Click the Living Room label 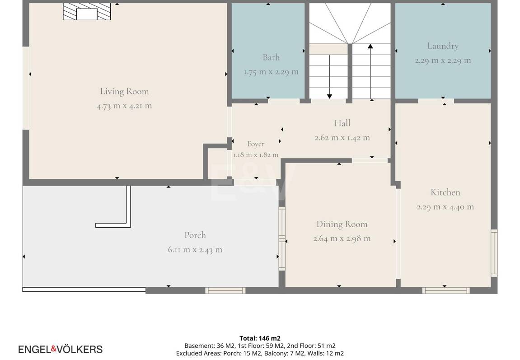(x=124, y=91)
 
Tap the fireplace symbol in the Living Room (x=87, y=12)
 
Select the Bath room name (x=271, y=57)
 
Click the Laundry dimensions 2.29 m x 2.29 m (x=443, y=61)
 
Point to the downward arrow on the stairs (x=329, y=77)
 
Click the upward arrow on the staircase (x=370, y=71)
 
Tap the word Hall (x=342, y=123)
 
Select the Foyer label (x=256, y=144)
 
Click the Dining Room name (x=342, y=224)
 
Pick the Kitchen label (x=445, y=192)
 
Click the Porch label (x=195, y=235)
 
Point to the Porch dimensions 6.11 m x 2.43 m (x=195, y=250)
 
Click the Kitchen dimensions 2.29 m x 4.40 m (x=445, y=207)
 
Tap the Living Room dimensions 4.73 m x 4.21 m (x=124, y=106)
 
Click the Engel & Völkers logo (x=61, y=349)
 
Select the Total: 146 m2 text (x=260, y=338)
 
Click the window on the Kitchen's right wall (x=494, y=253)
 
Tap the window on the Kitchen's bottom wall (x=446, y=291)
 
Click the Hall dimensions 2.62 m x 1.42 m (x=342, y=138)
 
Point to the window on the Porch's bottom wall (x=225, y=291)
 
